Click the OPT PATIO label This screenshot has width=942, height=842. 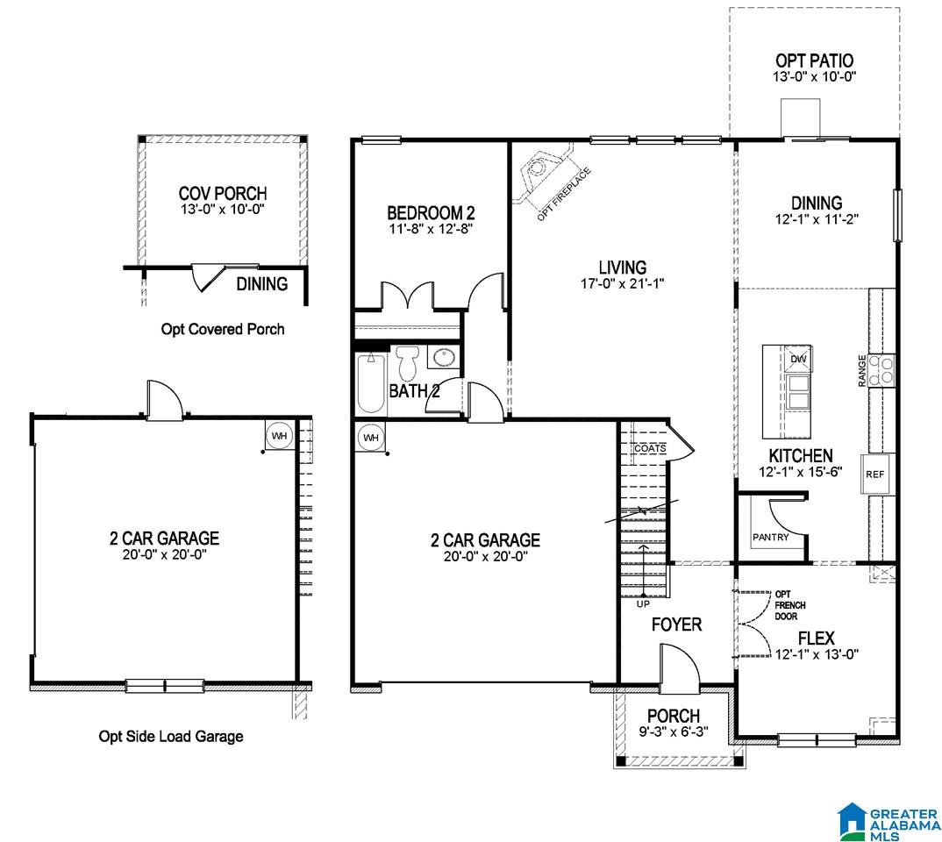(814, 61)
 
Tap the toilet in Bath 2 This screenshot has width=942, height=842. (407, 362)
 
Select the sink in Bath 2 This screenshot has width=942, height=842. (444, 357)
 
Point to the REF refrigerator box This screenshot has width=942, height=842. (875, 474)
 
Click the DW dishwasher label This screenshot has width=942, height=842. (798, 359)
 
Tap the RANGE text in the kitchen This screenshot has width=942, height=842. (862, 370)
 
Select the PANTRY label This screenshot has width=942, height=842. (771, 537)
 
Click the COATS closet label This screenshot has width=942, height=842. (650, 448)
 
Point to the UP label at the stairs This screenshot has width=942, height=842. (643, 603)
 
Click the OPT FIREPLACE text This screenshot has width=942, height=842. (563, 194)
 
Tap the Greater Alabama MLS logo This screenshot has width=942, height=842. (889, 822)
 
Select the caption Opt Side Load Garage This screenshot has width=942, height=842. (171, 736)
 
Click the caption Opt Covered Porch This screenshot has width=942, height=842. (222, 329)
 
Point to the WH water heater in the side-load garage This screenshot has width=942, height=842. (280, 435)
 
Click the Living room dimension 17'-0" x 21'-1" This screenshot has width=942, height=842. (622, 283)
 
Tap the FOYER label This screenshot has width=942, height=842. (676, 624)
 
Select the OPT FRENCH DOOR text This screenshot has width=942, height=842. (789, 605)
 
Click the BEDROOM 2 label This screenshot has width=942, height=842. (431, 212)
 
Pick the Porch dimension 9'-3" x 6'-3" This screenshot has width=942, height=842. (674, 731)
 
